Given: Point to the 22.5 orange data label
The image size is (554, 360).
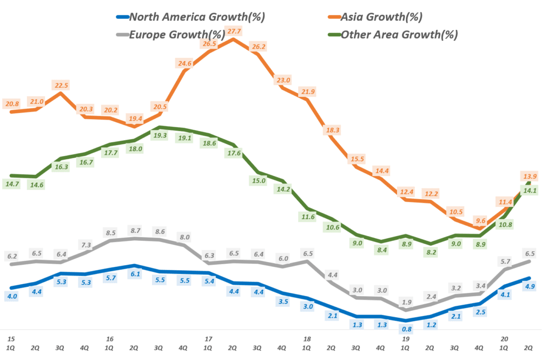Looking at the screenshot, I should (60, 86).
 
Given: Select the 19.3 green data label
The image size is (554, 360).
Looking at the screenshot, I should (160, 136).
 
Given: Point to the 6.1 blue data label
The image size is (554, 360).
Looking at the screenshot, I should (135, 274).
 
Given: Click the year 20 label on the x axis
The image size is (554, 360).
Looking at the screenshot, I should (505, 339).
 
